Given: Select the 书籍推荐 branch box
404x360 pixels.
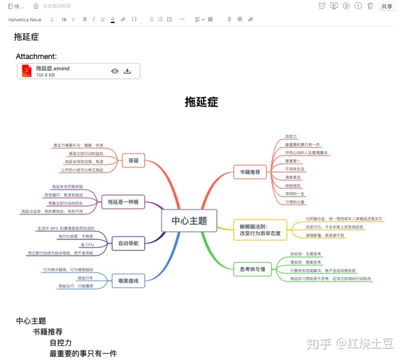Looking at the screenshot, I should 250,172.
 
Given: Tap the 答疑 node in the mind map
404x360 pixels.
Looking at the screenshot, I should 133,161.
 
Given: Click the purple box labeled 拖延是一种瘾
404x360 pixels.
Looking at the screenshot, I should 123,202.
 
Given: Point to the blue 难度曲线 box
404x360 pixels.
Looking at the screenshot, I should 128,280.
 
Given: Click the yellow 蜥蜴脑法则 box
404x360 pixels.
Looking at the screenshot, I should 257,229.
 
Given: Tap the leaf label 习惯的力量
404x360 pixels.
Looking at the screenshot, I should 295,202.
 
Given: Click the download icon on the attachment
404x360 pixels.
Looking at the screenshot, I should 127,71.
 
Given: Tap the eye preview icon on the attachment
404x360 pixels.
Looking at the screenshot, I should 114,71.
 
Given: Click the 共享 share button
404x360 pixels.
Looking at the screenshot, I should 387,6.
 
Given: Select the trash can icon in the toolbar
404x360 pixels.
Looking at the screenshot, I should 370,6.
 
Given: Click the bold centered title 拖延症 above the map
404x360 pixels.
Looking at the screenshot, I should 201,102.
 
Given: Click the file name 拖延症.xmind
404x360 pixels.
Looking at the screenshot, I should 53,68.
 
